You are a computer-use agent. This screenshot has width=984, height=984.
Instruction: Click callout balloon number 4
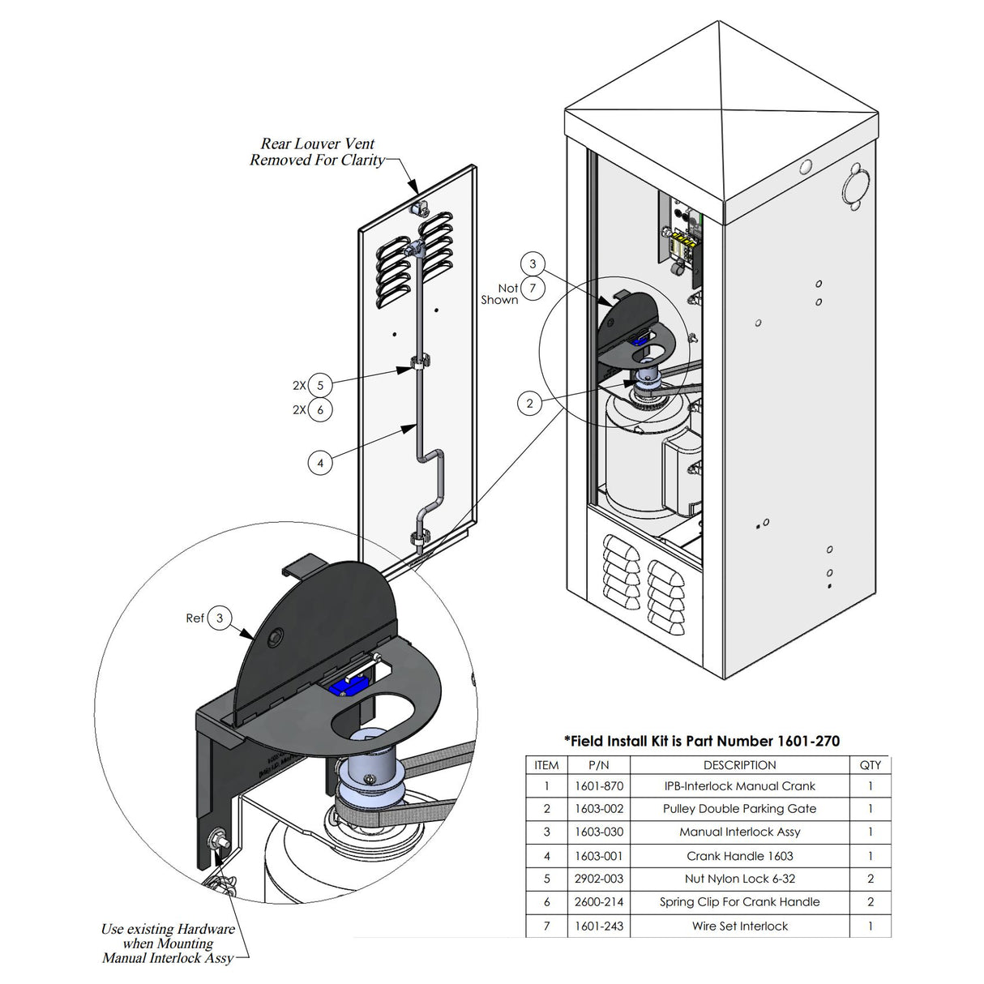point(320,463)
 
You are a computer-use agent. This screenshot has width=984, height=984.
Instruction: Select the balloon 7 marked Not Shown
point(533,288)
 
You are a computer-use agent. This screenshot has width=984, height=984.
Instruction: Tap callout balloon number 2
point(530,403)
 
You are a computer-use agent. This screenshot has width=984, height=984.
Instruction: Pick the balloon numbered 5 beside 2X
point(320,386)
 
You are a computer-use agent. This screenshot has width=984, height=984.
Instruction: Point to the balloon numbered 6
point(320,410)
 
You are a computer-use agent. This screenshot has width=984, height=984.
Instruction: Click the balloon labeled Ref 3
point(219,618)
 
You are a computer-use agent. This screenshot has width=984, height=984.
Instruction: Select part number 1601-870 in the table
point(598,785)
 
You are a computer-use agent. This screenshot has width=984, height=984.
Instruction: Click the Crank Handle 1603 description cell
point(739,856)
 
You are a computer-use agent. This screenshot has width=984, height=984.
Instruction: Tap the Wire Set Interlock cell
point(739,926)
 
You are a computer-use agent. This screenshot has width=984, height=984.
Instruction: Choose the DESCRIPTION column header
point(739,765)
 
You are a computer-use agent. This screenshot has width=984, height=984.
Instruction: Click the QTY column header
point(870,765)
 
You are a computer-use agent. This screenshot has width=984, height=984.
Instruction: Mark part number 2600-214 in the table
point(598,902)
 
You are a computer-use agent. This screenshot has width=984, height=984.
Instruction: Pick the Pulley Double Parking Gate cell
point(739,809)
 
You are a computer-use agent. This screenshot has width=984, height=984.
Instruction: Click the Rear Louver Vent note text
point(317,152)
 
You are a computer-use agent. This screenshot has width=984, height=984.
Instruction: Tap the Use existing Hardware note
point(168,943)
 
